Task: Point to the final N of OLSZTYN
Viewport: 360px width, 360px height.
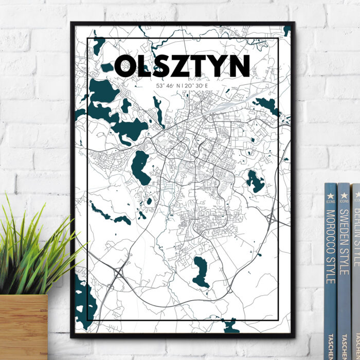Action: (240, 66)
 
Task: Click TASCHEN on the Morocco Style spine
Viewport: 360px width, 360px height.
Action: (331, 345)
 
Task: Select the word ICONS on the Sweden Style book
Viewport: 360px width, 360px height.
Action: (343, 202)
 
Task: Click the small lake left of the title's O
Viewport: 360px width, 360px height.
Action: (107, 67)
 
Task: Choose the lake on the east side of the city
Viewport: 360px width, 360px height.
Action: (255, 181)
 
